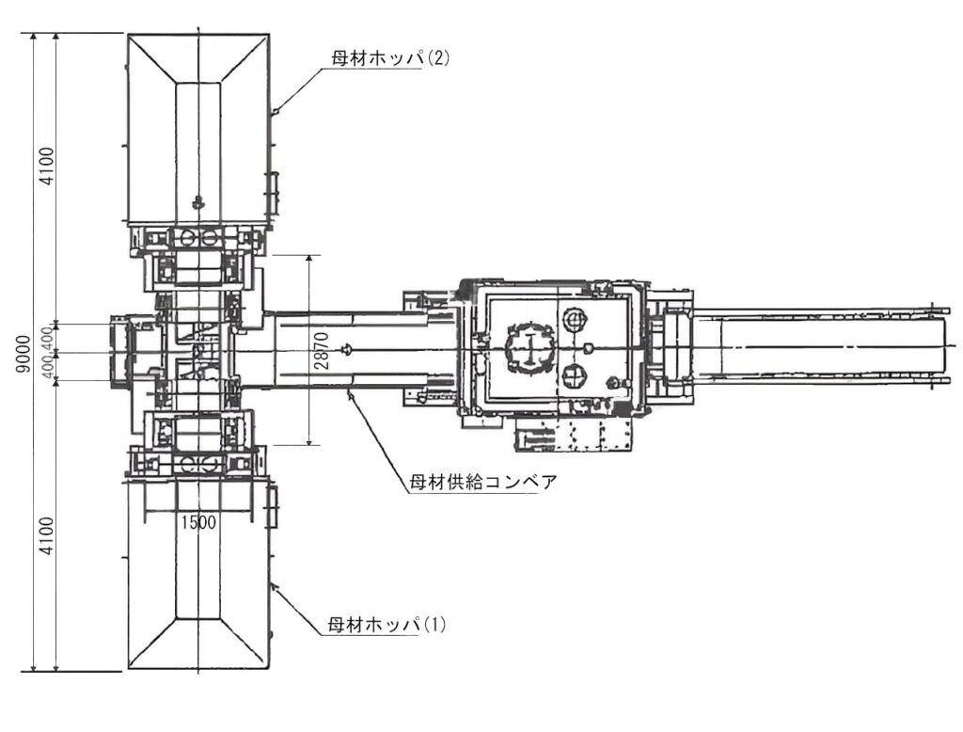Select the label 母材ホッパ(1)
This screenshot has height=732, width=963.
(387, 624)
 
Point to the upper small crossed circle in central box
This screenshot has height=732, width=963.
(573, 320)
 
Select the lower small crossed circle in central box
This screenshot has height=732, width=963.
(573, 376)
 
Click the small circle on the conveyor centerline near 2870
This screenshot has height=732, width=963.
(349, 350)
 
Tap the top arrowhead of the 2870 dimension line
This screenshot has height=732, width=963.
(309, 257)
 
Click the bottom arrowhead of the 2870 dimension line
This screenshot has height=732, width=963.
(309, 442)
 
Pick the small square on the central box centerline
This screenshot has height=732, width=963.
(588, 349)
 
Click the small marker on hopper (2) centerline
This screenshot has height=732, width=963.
(197, 200)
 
